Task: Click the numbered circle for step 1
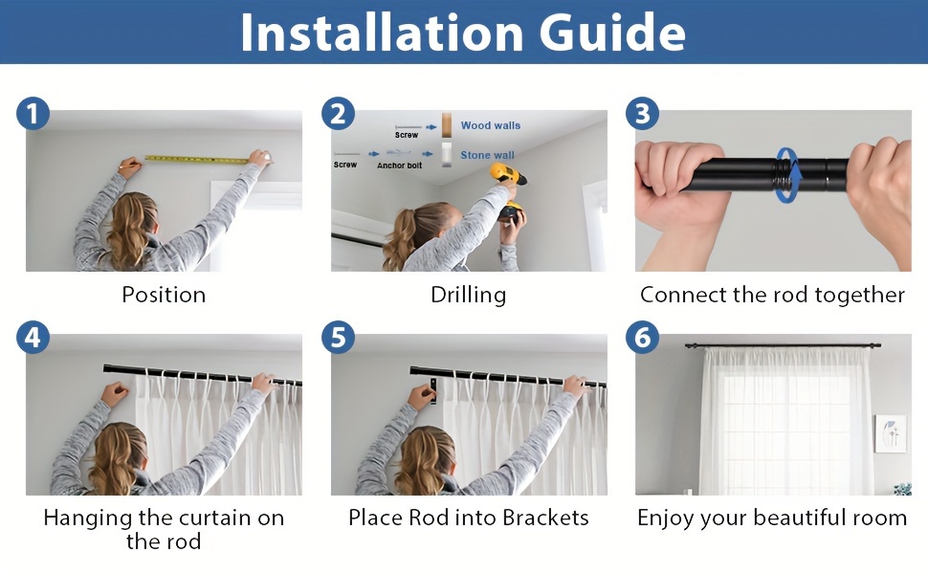pyautogui.click(x=33, y=114)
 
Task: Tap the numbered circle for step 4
pyautogui.click(x=33, y=338)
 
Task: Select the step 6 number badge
pyautogui.click(x=642, y=338)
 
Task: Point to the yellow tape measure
pyautogui.click(x=196, y=159)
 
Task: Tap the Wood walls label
pyautogui.click(x=491, y=125)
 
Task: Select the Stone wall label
pyautogui.click(x=488, y=155)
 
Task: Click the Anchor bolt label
pyautogui.click(x=400, y=166)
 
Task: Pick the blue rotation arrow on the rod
pyautogui.click(x=787, y=176)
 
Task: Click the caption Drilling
pyautogui.click(x=468, y=296)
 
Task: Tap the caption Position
pyautogui.click(x=164, y=295)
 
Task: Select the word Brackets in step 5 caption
pyautogui.click(x=545, y=518)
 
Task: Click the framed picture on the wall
pyautogui.click(x=890, y=433)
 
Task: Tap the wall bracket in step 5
pyautogui.click(x=433, y=390)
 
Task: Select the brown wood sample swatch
pyautogui.click(x=447, y=125)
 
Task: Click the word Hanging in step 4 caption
pyautogui.click(x=88, y=519)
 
